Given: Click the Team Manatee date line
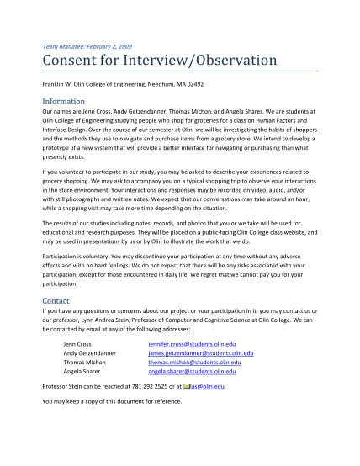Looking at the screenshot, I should [x=87, y=45].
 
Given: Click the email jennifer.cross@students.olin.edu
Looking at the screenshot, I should [x=192, y=343].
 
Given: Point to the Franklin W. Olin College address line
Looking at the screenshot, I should [x=123, y=84].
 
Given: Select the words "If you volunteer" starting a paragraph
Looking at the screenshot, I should [x=65, y=172].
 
